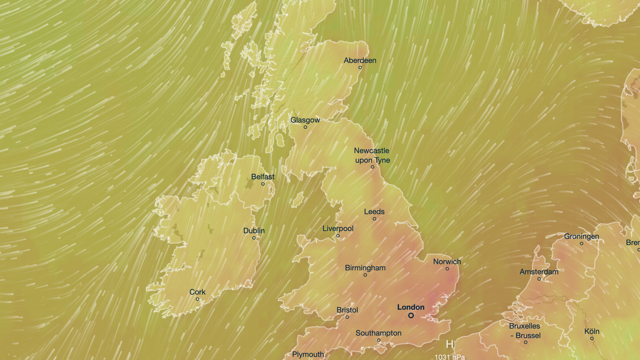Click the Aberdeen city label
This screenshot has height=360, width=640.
(x=360, y=61)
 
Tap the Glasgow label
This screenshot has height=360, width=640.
(x=305, y=120)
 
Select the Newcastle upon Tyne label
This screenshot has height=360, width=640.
(x=372, y=155)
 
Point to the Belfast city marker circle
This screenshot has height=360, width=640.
(x=263, y=184)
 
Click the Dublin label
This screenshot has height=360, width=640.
(x=254, y=231)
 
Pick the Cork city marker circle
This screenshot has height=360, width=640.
(x=197, y=299)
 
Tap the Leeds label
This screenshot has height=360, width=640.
(x=374, y=212)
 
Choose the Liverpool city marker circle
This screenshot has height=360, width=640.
(x=338, y=236)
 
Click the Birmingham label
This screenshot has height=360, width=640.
(x=365, y=268)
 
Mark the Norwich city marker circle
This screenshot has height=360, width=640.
(x=447, y=269)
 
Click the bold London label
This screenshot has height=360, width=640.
(x=411, y=307)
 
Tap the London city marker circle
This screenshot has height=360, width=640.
(x=411, y=315)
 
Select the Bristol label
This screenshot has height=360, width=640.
(x=347, y=310)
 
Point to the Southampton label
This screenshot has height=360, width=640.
(x=378, y=333)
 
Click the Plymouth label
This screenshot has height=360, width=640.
(x=308, y=354)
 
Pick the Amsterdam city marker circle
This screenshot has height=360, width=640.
(x=539, y=279)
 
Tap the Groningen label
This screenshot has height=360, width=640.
(x=581, y=237)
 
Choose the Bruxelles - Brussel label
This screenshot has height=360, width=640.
(x=524, y=331)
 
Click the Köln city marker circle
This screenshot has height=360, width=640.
(x=592, y=339)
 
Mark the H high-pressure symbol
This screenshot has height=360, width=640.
(x=450, y=345)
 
